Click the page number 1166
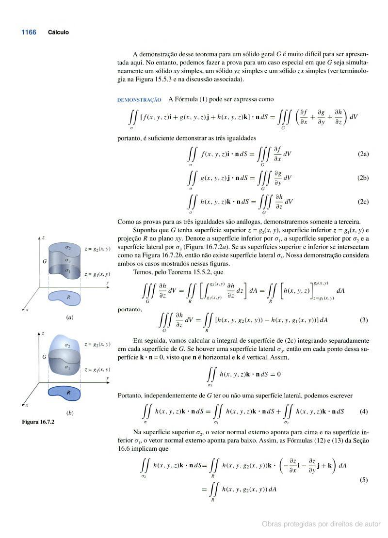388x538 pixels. click(29, 32)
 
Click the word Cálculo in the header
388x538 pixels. click(58, 32)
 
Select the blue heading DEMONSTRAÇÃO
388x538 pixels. click(139, 100)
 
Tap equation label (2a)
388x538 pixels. click(363, 154)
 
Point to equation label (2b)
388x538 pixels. click(363, 178)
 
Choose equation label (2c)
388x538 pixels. click(363, 201)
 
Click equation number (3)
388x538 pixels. click(364, 320)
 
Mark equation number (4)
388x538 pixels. click(364, 411)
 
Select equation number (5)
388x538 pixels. click(364, 480)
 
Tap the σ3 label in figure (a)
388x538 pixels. click(68, 260)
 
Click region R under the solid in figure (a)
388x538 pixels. click(68, 297)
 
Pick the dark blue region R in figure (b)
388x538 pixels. click(68, 392)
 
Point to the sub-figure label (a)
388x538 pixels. click(70, 317)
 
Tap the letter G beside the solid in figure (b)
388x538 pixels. click(44, 357)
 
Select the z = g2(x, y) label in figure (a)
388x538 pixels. click(97, 249)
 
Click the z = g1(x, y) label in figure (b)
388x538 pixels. click(97, 370)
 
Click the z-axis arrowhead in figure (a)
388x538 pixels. click(38, 238)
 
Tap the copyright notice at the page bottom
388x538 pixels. click(321, 524)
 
